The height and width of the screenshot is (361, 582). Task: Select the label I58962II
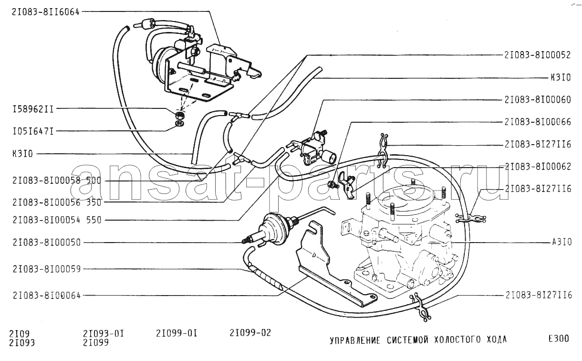pyautogui.click(x=33, y=109)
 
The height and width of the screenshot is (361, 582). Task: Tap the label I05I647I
pyautogui.click(x=33, y=130)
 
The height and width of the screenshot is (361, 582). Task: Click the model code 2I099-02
pyautogui.click(x=250, y=332)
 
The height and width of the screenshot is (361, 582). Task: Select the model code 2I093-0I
pyautogui.click(x=104, y=332)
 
